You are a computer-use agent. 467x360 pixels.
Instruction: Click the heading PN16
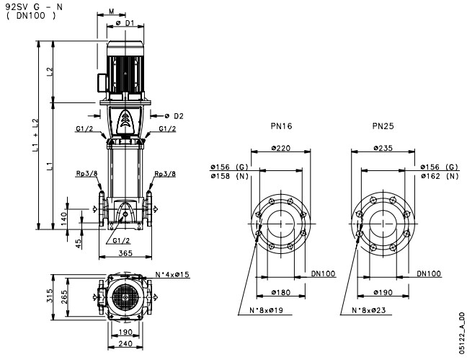pos(281,126)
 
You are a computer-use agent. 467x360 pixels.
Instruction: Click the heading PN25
pos(383,126)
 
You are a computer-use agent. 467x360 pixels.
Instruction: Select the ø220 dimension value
pos(281,148)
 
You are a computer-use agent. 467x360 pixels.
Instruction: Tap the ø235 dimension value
pos(383,148)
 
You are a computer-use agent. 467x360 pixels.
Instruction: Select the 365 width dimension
pos(125,253)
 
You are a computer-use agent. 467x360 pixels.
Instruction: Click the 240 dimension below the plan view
pos(125,344)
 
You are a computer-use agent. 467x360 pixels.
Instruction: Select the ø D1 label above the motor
pos(125,23)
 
